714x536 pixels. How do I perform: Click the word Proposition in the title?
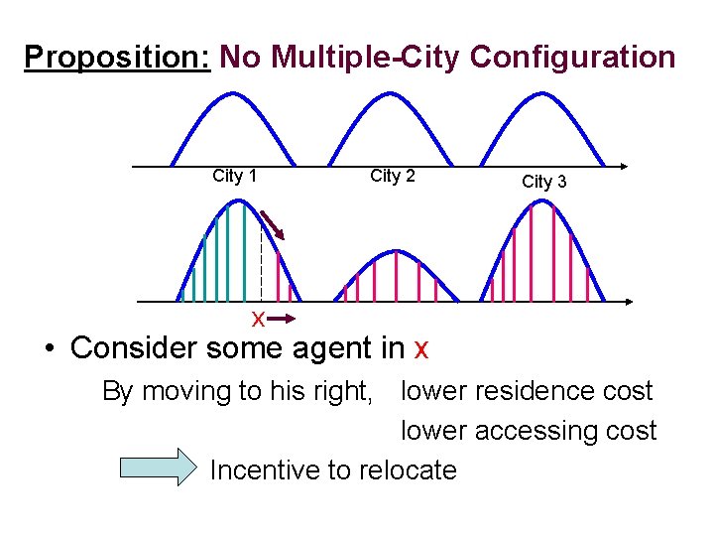click(x=116, y=58)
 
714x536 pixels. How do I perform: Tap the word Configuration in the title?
click(x=572, y=58)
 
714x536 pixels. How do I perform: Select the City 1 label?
click(x=235, y=176)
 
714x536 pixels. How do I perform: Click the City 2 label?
click(x=393, y=176)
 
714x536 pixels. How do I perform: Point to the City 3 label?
click(x=544, y=181)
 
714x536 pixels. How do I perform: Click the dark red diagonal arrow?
click(x=272, y=224)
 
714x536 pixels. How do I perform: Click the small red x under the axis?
click(x=257, y=319)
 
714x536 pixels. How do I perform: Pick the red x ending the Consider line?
click(x=420, y=349)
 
